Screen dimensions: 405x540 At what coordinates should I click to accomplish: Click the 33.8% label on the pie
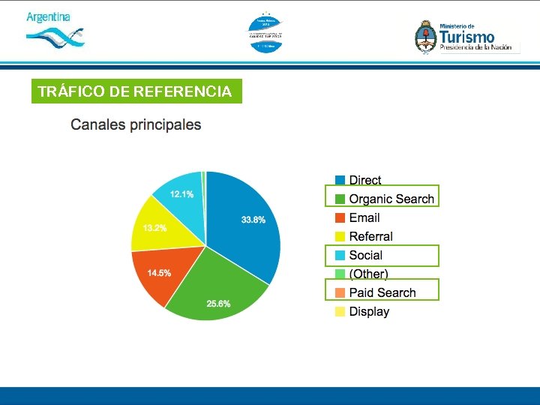pos(253,220)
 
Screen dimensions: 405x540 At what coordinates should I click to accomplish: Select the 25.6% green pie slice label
pos(218,304)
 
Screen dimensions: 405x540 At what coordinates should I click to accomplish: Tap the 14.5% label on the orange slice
pos(158,273)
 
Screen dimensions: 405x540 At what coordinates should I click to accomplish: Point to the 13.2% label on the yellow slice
pos(154,228)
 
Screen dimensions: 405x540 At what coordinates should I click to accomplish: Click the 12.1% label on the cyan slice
pos(181,194)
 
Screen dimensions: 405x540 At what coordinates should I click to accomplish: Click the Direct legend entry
pos(364,180)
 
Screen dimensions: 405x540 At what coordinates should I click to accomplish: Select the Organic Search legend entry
pos(391,199)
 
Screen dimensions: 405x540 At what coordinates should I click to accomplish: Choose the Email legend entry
pos(364,217)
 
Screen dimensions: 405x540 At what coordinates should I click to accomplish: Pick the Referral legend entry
pos(370,236)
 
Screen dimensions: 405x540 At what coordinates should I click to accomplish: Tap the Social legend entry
pos(365,255)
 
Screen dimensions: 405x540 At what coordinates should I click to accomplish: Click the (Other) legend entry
pos(368,274)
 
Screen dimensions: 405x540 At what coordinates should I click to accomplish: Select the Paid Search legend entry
pos(382,292)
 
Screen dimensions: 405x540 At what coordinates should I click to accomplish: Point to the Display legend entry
pos(369,311)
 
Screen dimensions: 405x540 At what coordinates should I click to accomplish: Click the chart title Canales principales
pos(136,124)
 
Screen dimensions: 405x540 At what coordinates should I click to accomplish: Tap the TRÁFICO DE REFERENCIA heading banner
pos(136,91)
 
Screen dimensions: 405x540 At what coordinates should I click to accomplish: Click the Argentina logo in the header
pos(54,28)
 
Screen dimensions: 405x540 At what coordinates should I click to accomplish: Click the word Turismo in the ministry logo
pos(466,36)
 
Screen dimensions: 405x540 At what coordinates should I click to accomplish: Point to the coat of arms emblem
pos(425,37)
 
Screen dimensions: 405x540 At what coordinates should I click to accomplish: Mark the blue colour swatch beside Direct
pos(340,180)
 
